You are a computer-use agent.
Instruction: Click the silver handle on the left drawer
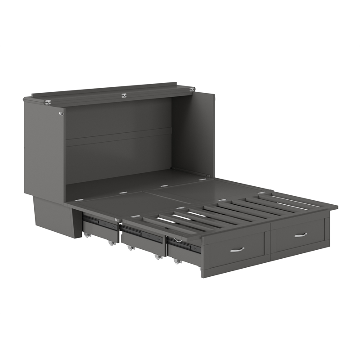point(237,249)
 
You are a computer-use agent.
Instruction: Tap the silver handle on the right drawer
point(301,234)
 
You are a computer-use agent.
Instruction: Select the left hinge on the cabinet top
point(48,102)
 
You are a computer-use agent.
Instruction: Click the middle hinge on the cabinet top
point(124,95)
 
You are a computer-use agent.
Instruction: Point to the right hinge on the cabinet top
point(192,90)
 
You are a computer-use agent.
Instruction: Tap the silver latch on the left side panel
point(61,113)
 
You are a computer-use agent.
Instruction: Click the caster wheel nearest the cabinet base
point(86,234)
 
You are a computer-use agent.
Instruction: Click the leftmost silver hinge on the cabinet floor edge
point(79,199)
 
